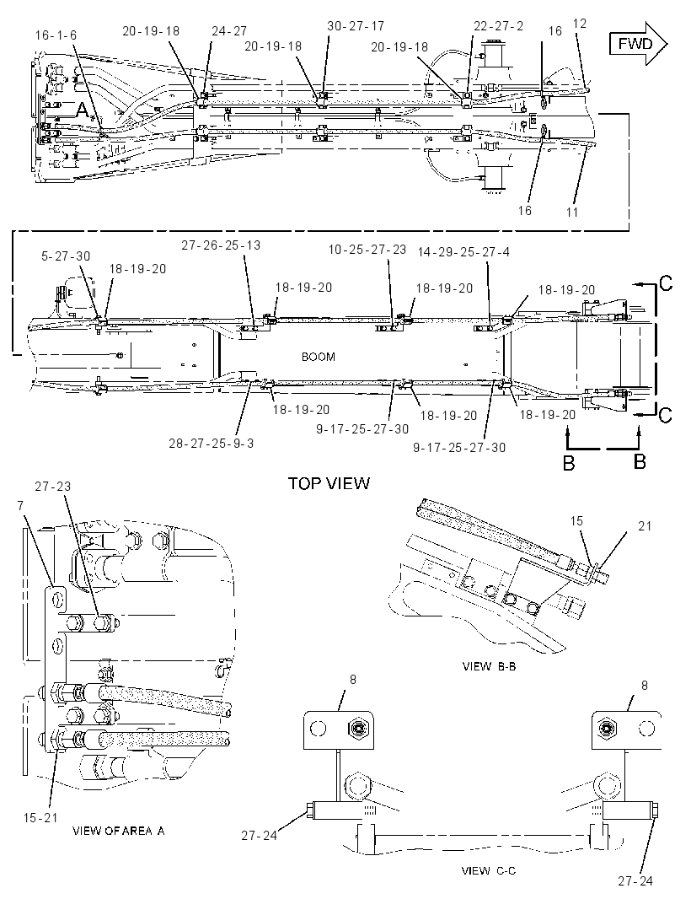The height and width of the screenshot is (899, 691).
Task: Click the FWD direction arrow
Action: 638,44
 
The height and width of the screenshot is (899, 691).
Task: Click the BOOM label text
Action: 318,357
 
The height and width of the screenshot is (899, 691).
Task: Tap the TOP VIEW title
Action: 329,482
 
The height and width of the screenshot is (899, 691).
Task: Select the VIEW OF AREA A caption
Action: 119,830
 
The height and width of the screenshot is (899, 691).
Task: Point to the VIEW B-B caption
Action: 489,666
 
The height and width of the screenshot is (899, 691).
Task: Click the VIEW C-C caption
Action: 488,870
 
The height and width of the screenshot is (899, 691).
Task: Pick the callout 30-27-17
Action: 356,26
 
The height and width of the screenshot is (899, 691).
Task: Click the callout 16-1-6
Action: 56,35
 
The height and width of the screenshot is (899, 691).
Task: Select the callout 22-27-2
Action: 499,26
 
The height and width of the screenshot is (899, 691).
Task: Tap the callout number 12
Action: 580,24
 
